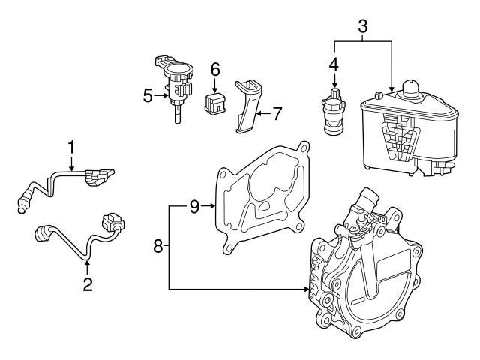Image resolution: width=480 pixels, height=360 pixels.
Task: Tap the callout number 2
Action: click(x=88, y=284)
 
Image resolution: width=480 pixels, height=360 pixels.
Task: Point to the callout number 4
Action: click(x=334, y=65)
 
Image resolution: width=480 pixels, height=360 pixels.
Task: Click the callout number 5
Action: click(x=148, y=95)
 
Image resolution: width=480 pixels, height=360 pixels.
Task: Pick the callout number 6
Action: click(x=215, y=69)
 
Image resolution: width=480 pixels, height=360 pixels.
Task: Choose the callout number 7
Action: click(x=277, y=114)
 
